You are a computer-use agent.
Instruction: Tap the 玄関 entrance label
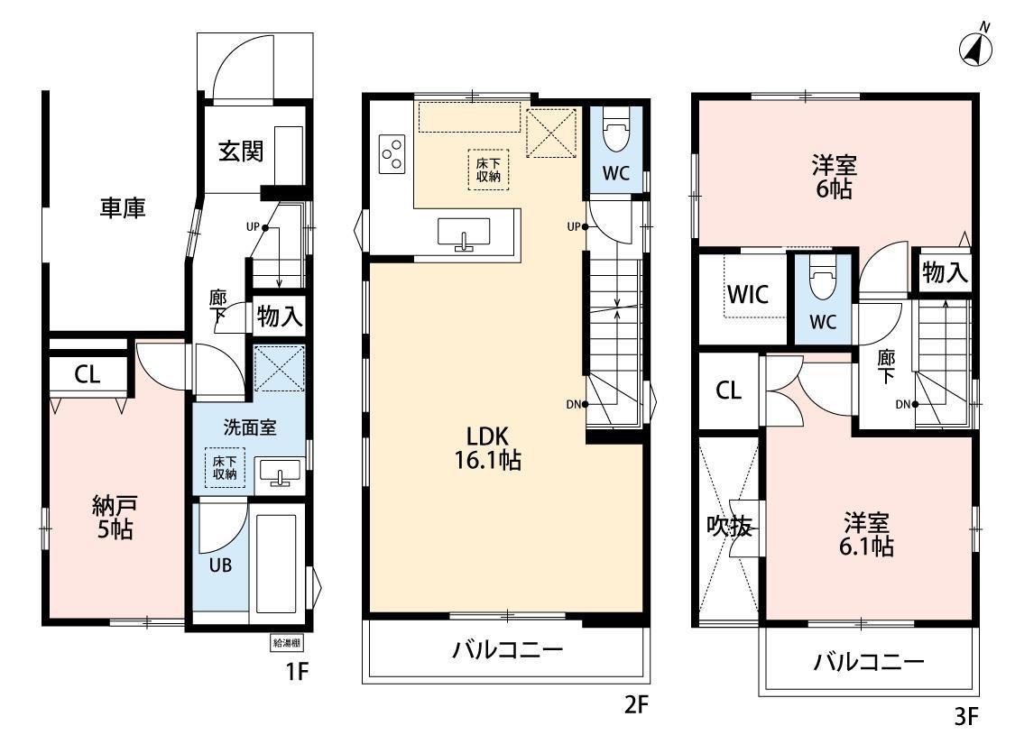tap(241, 151)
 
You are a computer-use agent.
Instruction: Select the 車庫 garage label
tap(123, 207)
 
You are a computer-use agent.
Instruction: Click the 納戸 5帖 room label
tap(115, 518)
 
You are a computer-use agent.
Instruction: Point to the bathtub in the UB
tap(277, 563)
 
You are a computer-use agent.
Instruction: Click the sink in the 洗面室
tap(281, 471)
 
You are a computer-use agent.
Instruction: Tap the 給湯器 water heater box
tap(286, 642)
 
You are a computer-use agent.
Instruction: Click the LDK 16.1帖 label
tap(487, 447)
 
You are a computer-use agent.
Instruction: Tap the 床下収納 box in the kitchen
tap(488, 170)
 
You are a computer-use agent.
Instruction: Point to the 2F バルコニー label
tap(507, 649)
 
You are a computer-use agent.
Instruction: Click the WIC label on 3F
tap(748, 295)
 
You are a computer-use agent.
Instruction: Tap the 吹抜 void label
tap(730, 527)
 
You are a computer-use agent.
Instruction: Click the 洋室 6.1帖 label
tap(866, 535)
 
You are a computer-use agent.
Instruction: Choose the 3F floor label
tap(965, 717)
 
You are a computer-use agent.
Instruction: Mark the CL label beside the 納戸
tap(87, 374)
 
